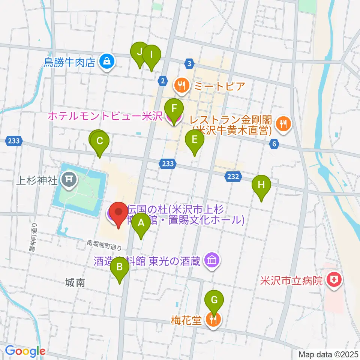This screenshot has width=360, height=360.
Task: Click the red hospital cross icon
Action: pos(333,280)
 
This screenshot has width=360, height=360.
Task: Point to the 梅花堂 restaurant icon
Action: pos(214,319)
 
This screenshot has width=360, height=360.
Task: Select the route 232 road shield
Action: pos(233,176)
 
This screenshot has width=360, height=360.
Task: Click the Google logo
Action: pos(25,351)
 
